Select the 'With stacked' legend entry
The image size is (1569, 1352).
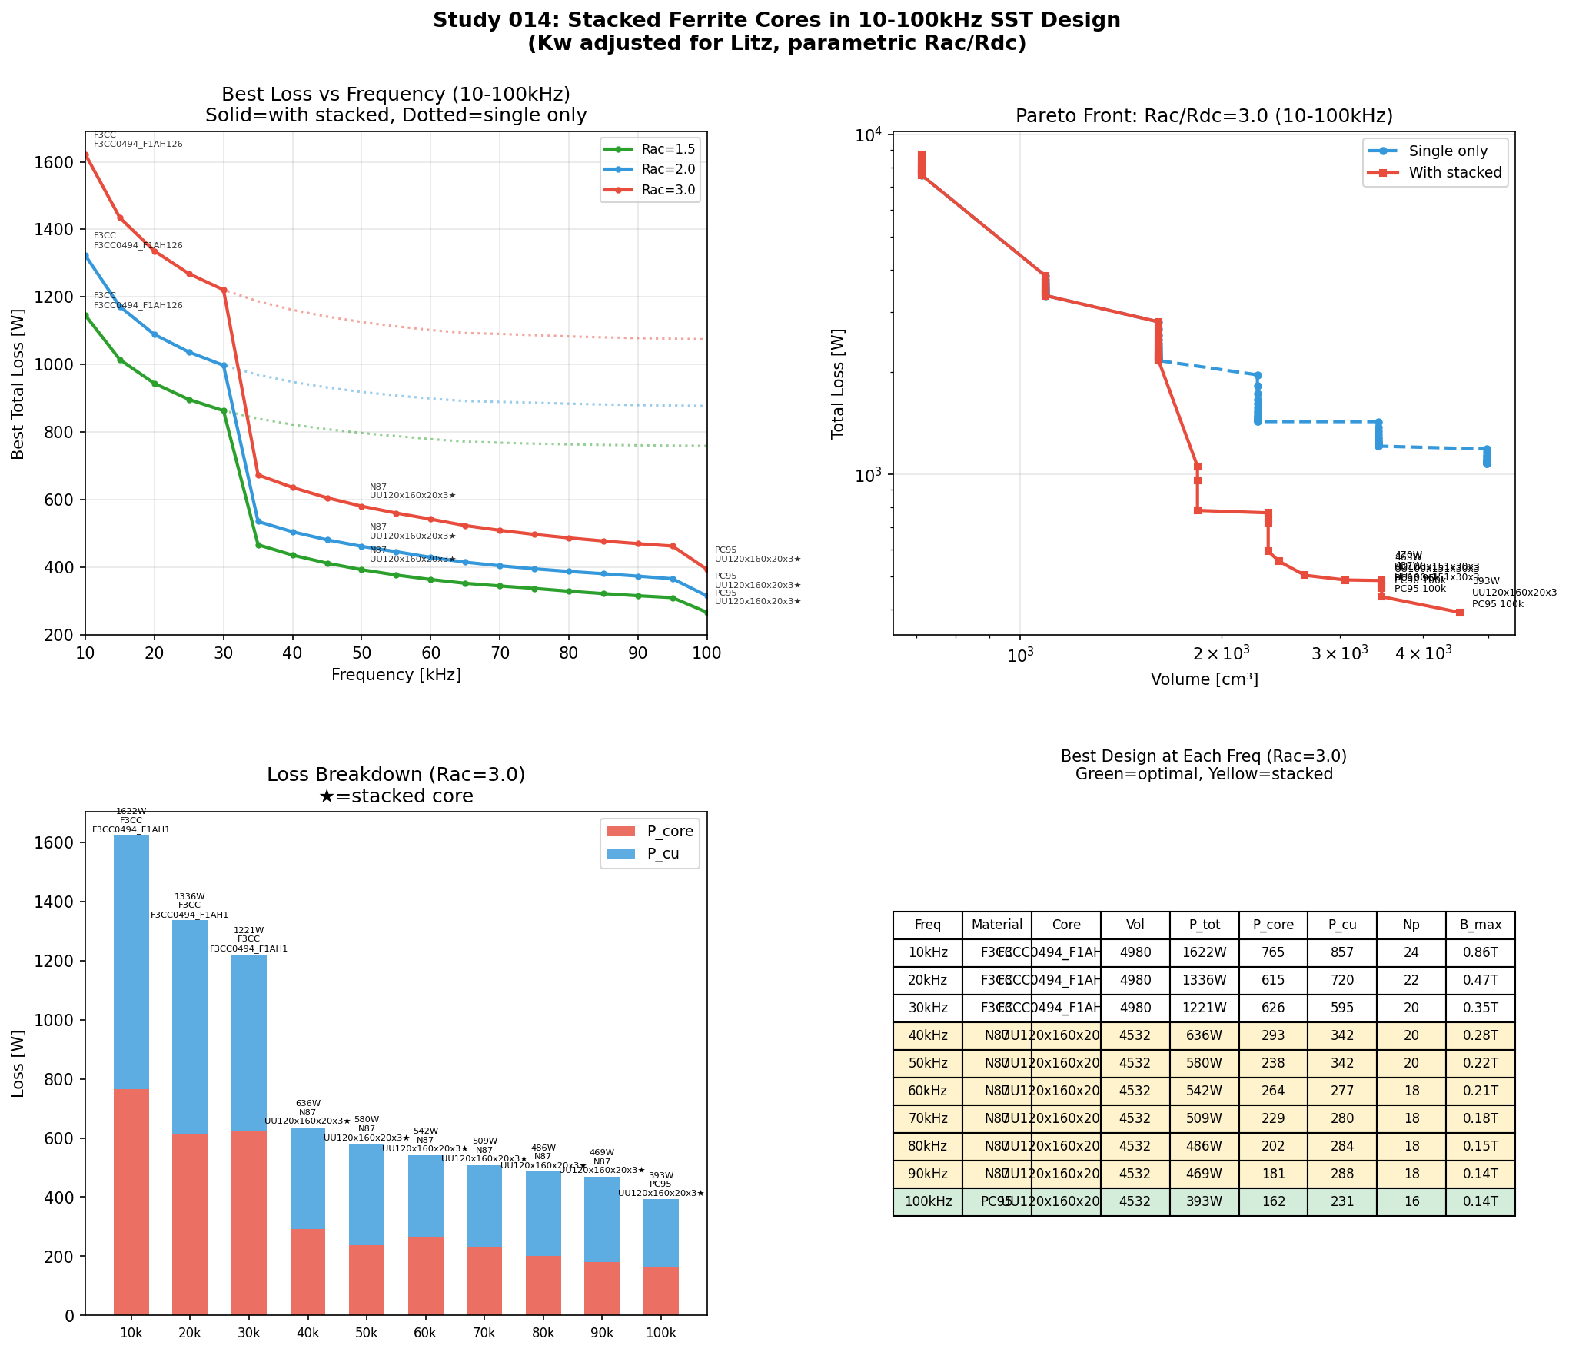click(1454, 173)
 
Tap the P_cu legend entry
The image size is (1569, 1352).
click(662, 853)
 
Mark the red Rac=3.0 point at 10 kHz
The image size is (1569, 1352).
click(85, 155)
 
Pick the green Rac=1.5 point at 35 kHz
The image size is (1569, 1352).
click(258, 545)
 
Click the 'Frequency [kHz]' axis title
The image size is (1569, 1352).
click(396, 675)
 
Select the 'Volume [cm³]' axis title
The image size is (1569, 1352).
click(1204, 679)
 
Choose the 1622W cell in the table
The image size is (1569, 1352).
click(1204, 952)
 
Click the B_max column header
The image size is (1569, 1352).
click(1480, 925)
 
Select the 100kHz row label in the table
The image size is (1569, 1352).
click(928, 1201)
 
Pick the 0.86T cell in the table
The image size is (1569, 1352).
click(1480, 952)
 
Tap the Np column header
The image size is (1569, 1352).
click(1411, 925)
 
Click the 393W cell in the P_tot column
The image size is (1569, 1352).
click(1204, 1201)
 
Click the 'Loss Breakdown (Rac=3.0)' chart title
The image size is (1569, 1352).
click(396, 775)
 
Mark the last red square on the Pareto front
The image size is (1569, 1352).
click(1459, 613)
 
